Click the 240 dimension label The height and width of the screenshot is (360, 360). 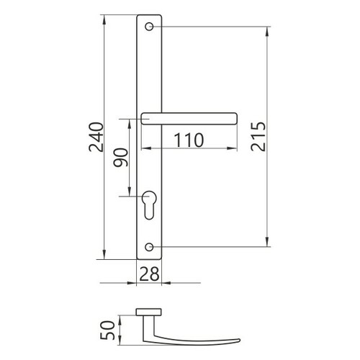click(96, 137)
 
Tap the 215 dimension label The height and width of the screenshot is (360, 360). click(258, 137)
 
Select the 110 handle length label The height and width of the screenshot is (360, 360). click(189, 140)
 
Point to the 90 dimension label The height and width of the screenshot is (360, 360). click(121, 158)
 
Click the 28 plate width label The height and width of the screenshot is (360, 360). click(149, 274)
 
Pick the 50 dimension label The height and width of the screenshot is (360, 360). click(107, 330)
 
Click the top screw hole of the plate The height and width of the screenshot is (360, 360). click(149, 27)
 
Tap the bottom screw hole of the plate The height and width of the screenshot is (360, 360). click(149, 247)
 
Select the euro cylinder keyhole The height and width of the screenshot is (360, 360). click(149, 204)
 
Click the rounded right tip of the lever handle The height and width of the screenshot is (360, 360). click(235, 119)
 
